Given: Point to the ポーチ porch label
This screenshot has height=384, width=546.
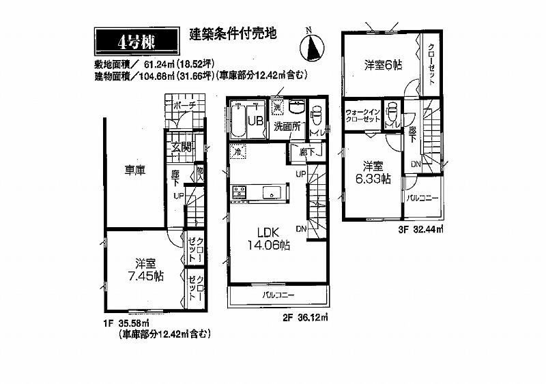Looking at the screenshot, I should [x=184, y=106].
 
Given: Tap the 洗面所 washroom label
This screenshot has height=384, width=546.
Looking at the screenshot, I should [x=287, y=126].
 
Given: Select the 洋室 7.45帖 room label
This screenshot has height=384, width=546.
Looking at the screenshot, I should [x=145, y=269].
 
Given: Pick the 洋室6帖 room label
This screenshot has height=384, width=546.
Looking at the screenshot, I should [x=382, y=65].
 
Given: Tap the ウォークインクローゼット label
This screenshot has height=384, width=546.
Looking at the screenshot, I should [x=362, y=116].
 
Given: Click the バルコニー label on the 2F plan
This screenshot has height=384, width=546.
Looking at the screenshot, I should [x=278, y=296].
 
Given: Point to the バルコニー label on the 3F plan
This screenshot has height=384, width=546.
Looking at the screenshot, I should [x=423, y=198].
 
